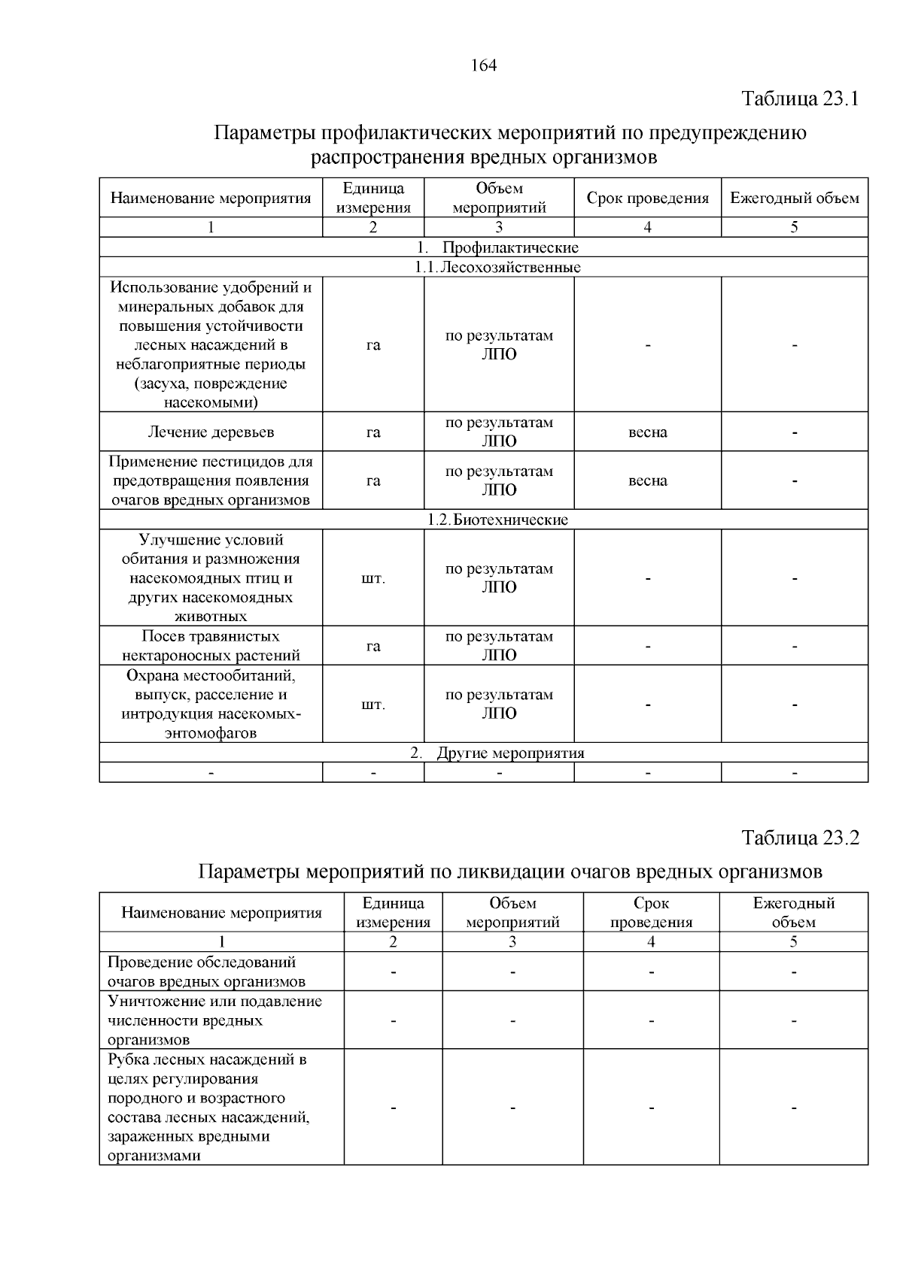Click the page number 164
pyautogui.click(x=484, y=65)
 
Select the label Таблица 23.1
pyautogui.click(x=800, y=99)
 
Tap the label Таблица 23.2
pyautogui.click(x=800, y=838)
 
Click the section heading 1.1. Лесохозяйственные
pyautogui.click(x=497, y=267)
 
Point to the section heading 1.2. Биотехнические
pyautogui.click(x=497, y=520)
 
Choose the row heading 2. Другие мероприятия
pyautogui.click(x=497, y=753)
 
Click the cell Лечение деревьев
pyautogui.click(x=211, y=432)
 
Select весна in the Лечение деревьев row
pyautogui.click(x=647, y=432)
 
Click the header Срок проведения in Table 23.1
pyautogui.click(x=647, y=199)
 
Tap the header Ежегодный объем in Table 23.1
pyautogui.click(x=794, y=199)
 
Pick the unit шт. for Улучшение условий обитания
pyautogui.click(x=373, y=579)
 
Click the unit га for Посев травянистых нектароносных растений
pyautogui.click(x=373, y=646)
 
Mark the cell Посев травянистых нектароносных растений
pyautogui.click(x=211, y=646)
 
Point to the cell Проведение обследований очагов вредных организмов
pyautogui.click(x=206, y=971)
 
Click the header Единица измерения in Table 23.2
pyautogui.click(x=393, y=912)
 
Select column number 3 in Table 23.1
pyautogui.click(x=498, y=228)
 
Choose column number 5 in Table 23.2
pyautogui.click(x=793, y=942)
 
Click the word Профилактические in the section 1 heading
pyautogui.click(x=510, y=247)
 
